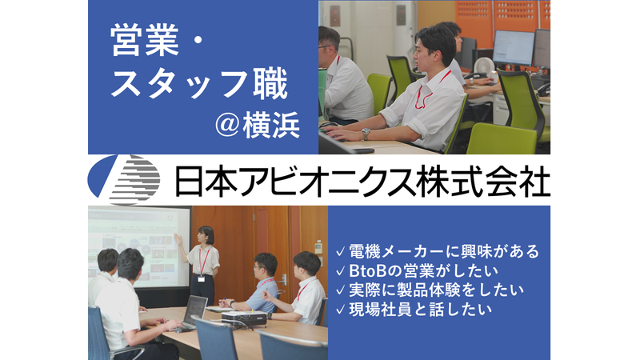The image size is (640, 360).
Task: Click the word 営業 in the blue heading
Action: point(146,42)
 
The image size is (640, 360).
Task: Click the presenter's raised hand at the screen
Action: point(178,238)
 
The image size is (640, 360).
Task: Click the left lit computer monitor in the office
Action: point(511,47)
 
